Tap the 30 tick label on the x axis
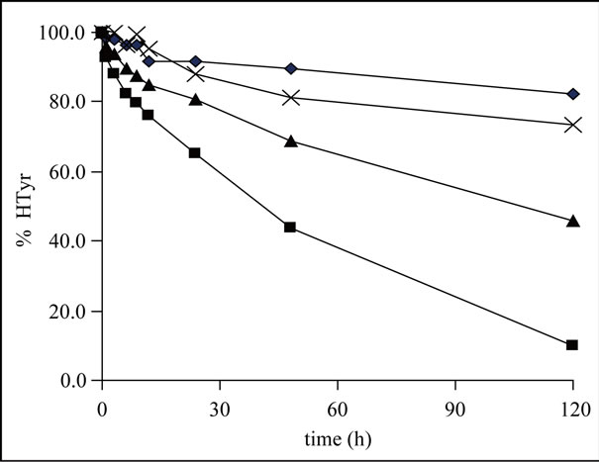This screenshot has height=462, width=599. [x=219, y=407]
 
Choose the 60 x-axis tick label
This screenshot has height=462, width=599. [x=337, y=407]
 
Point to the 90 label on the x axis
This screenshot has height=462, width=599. [x=454, y=407]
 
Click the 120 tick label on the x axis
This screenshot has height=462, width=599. [x=572, y=407]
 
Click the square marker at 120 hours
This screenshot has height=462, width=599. [x=572, y=345]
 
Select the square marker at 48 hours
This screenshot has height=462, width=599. [x=290, y=228]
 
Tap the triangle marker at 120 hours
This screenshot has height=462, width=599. [x=572, y=221]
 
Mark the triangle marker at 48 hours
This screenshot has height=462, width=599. [x=290, y=141]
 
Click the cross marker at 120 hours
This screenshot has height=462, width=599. [x=572, y=125]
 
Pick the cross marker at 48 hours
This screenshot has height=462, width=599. [x=290, y=98]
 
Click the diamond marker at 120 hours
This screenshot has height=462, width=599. [x=572, y=94]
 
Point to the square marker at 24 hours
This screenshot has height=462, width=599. [x=195, y=152]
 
